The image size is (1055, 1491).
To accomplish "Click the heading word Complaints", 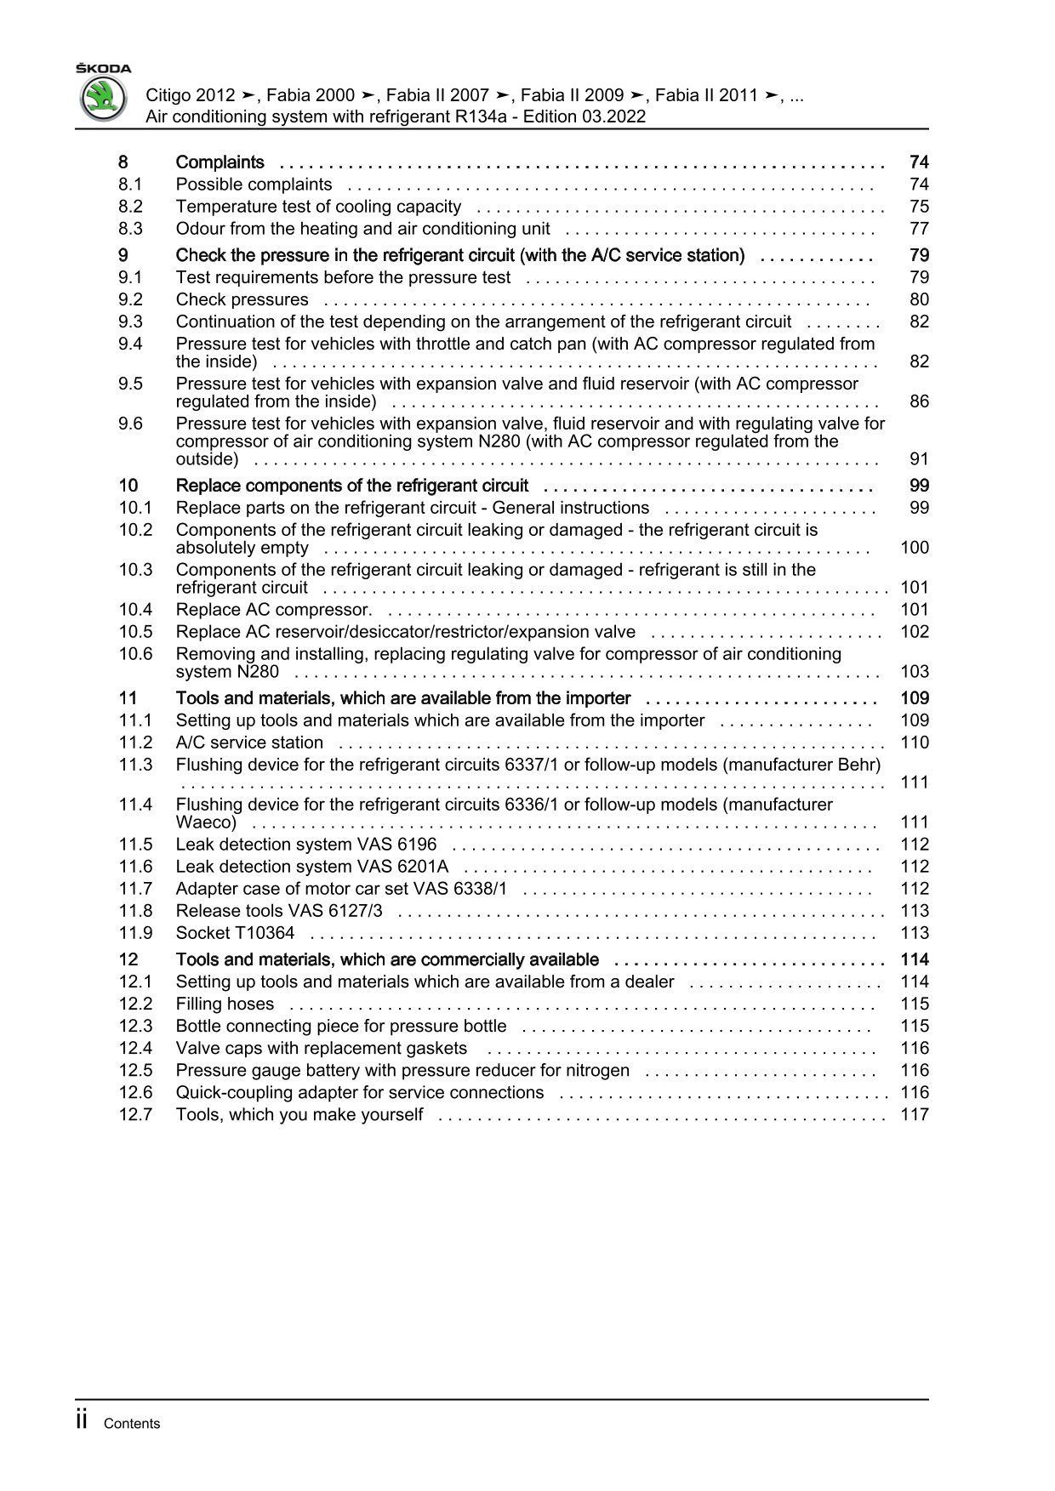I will pos(220,162).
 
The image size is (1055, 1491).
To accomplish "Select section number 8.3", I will pos(130,229).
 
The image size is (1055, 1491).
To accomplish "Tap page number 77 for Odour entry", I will pos(919,229).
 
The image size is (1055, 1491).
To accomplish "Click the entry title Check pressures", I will pos(242,299).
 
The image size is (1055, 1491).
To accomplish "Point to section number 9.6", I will pos(130,424).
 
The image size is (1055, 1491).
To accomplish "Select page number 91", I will pos(919,459).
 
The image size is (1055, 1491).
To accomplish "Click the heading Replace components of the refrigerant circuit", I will pos(352,486).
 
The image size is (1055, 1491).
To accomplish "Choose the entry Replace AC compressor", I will pos(274,610).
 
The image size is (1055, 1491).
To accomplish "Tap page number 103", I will pos(915,672).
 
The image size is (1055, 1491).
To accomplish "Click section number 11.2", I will pos(135,743).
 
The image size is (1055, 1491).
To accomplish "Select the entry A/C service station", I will pos(249,743).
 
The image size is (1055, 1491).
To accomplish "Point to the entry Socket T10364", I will pos(235,933).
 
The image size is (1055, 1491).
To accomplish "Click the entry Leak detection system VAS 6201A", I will pos(311,867).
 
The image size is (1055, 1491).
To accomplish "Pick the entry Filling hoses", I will pos(225,1004).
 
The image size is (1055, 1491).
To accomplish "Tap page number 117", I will pos(915,1115).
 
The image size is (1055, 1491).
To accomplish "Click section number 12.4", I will pos(135,1049).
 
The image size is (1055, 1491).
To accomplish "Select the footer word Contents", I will pos(131,1424).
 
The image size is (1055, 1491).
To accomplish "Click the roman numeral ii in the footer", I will pos(82,1420).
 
